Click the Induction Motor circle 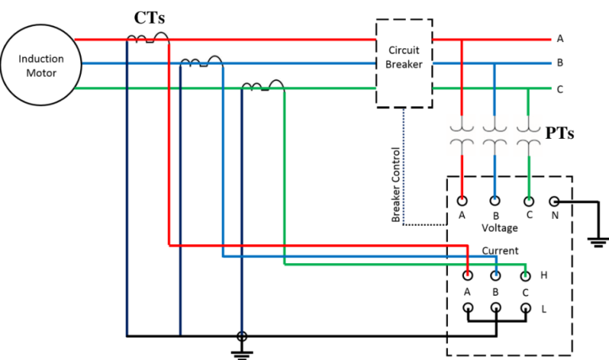click(40, 64)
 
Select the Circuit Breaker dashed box click(404, 63)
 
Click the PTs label click(560, 132)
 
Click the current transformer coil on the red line click(147, 38)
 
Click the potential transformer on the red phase click(462, 134)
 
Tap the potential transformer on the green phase click(528, 134)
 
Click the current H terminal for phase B click(496, 276)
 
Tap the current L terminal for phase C click(524, 307)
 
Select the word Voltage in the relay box click(500, 228)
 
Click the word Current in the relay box click(500, 251)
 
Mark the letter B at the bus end click(560, 63)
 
